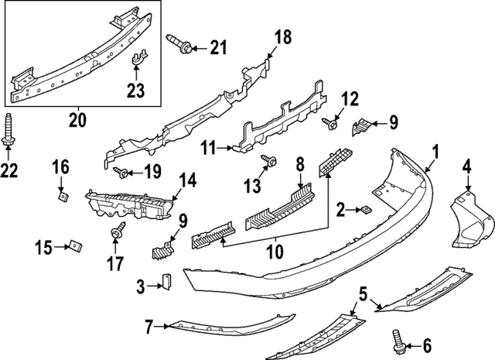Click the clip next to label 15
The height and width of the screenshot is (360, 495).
[74, 247]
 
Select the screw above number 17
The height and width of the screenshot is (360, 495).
[119, 230]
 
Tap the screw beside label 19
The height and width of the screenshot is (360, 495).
[121, 170]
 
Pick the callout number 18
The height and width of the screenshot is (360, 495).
[282, 36]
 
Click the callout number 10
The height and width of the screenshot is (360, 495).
[275, 252]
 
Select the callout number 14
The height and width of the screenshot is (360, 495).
[188, 182]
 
